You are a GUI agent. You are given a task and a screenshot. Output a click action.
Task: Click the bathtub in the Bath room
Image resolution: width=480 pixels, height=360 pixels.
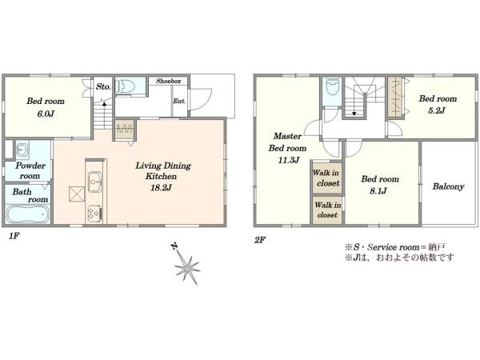point(27,214)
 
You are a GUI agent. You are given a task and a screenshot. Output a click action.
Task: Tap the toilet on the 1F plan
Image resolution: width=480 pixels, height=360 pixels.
point(126,86)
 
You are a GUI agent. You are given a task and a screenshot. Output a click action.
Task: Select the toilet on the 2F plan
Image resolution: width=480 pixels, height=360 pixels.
point(332,86)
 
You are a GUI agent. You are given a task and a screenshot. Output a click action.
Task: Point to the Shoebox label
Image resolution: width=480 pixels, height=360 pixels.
point(168,81)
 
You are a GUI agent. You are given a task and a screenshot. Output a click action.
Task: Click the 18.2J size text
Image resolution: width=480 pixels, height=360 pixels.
point(161,187)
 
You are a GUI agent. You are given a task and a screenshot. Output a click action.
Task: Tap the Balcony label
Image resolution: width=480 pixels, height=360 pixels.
point(448,186)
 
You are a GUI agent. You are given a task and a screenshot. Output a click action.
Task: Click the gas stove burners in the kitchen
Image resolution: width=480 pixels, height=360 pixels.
point(94,213)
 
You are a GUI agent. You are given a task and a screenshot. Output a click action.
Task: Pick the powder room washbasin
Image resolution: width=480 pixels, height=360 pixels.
point(22,150)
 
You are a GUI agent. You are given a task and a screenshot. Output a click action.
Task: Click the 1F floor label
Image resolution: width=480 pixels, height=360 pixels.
point(14,236)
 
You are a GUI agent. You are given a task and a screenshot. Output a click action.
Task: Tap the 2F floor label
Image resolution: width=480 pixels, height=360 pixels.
point(259,240)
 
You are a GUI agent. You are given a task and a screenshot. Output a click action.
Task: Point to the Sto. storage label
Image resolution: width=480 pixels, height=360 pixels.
point(103,86)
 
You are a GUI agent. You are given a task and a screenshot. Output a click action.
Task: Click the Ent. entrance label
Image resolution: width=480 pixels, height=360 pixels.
point(179,101)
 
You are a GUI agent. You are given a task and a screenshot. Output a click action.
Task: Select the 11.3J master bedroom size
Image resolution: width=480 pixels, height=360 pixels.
point(288,160)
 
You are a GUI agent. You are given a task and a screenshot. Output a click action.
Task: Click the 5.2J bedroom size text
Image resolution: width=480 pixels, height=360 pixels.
point(437,110)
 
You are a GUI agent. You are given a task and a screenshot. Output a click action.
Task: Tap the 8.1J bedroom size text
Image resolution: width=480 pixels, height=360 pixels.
point(378,191)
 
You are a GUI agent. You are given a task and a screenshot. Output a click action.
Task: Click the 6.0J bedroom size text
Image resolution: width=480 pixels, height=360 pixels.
point(46,114)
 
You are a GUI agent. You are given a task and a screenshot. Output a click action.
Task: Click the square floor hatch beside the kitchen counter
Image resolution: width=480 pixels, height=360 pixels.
point(77,194)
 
